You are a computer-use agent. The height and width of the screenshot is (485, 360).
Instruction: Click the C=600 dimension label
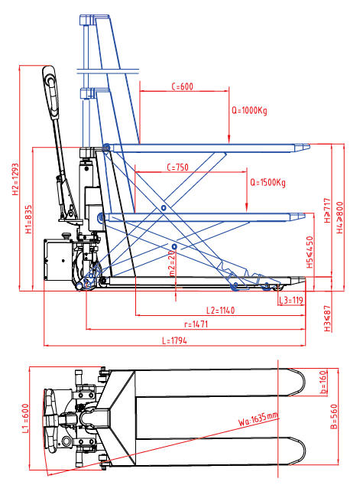coord(181,86)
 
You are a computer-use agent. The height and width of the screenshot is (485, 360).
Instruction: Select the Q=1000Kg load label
coord(249,110)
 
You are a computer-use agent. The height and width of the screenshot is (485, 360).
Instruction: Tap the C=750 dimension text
coord(177,167)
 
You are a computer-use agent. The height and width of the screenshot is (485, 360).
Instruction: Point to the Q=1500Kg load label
coord(268,183)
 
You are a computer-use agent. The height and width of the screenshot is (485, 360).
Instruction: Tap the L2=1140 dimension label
coord(220,311)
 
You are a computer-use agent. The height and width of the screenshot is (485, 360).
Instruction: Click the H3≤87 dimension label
coord(327,320)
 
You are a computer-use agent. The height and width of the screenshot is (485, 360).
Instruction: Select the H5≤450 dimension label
coord(309,252)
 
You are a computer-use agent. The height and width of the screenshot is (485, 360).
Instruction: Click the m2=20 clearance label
coord(171,263)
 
